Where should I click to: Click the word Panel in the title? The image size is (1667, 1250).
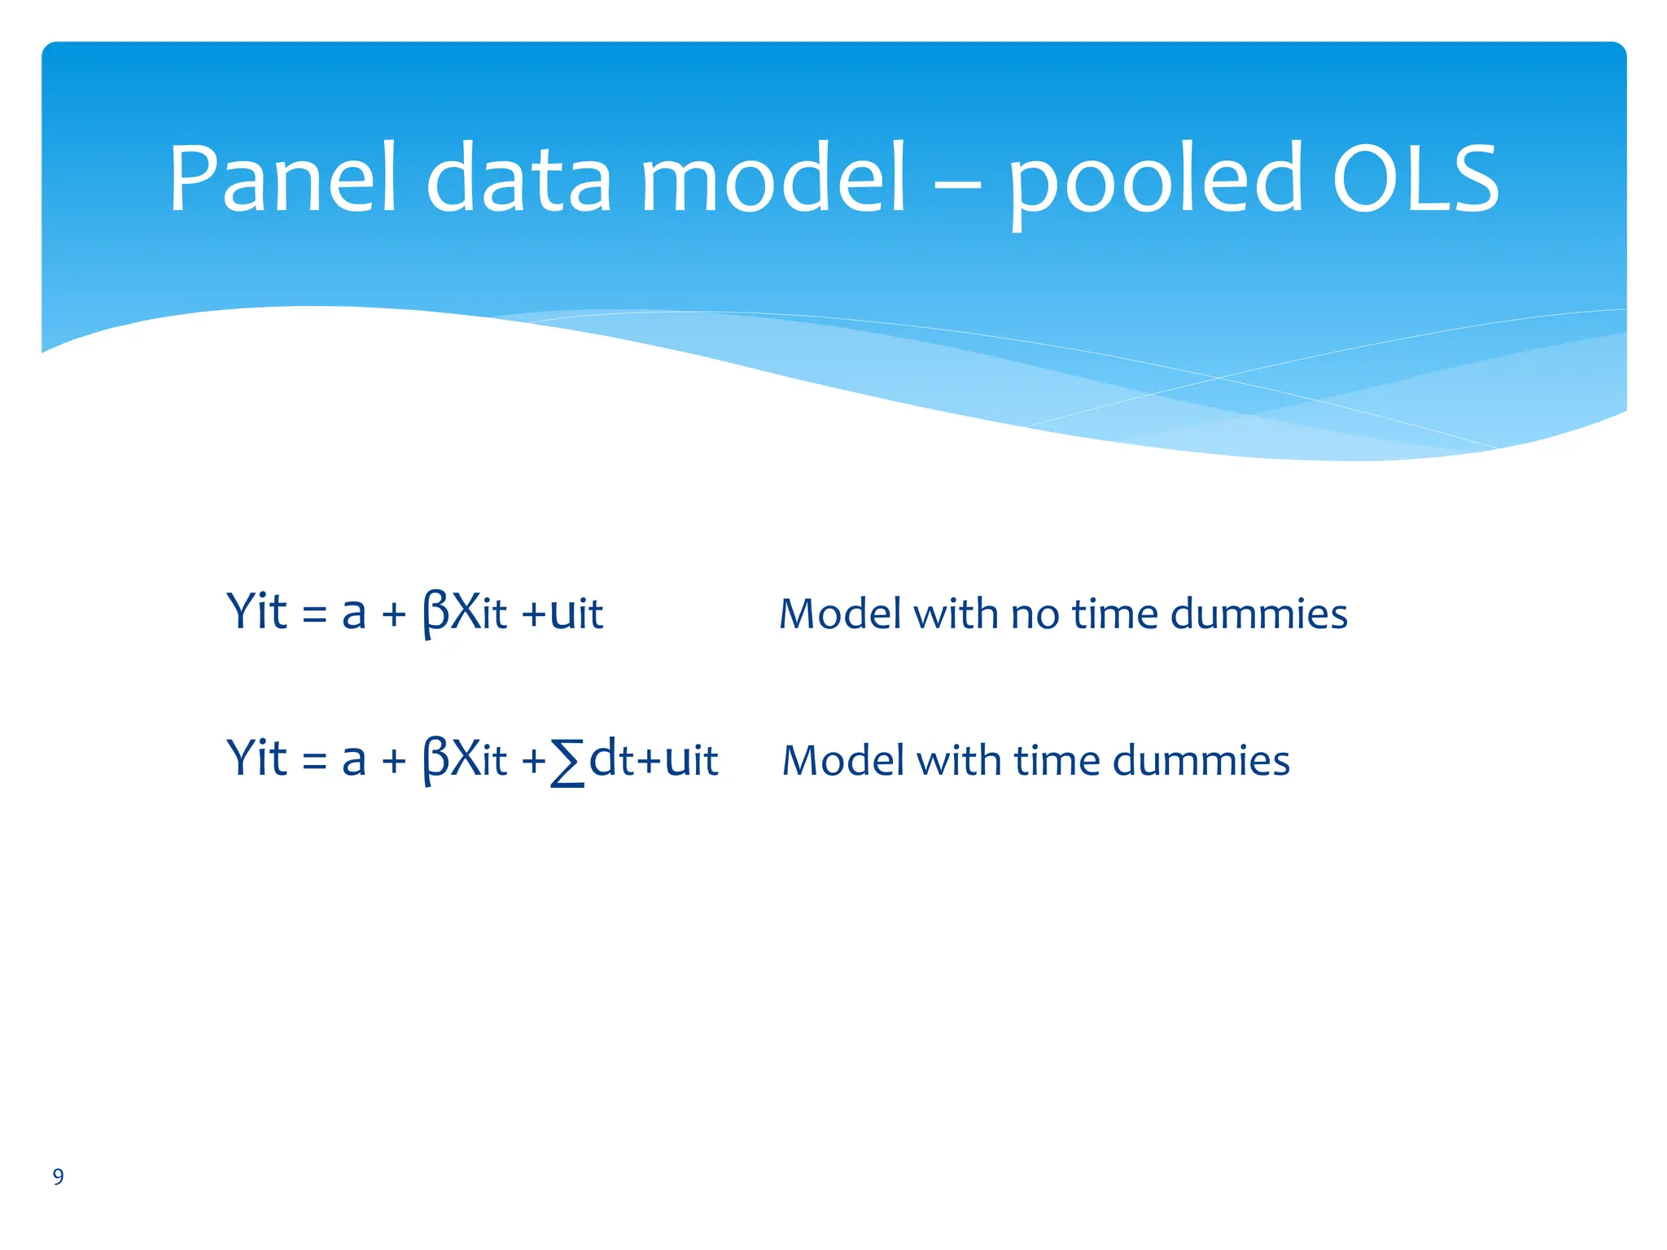282,179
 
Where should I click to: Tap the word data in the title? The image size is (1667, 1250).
518,179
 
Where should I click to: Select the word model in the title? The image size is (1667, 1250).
773,179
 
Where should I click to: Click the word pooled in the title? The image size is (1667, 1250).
1157,183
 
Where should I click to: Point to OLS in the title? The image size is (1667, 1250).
1415,179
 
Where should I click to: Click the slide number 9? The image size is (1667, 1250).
58,1177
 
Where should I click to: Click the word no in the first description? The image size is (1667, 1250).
1035,615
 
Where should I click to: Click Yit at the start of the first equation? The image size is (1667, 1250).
256,612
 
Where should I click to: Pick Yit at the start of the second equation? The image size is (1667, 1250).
256,758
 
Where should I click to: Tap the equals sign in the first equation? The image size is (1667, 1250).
314,615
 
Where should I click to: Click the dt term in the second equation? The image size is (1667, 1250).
610,759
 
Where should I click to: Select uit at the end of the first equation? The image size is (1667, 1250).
576,614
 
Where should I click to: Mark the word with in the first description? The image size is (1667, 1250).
956,614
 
